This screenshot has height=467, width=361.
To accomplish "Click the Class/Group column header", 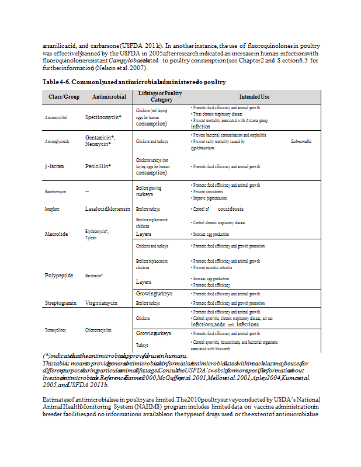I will [64, 96].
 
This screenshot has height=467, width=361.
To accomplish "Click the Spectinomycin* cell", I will [103, 117].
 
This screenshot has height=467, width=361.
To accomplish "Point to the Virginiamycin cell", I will [102, 303].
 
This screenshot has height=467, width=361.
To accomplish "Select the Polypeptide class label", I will [59, 275].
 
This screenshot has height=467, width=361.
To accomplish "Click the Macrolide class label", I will [57, 233].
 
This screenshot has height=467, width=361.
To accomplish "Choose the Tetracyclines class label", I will [59, 330].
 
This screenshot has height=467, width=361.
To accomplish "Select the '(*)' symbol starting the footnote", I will [46, 356].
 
